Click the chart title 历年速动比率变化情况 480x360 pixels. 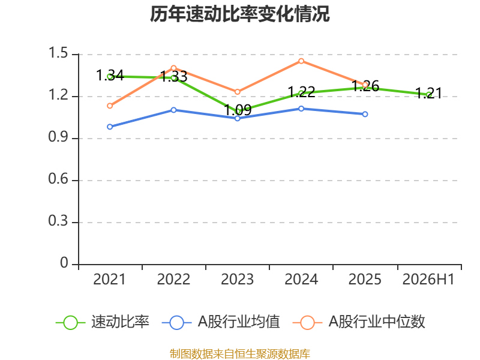pos(239,14)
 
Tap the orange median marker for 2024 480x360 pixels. pos(301,61)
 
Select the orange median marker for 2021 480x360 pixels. pos(110,106)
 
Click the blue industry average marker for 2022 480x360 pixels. pos(173,110)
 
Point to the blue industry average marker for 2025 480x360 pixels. pos(365,114)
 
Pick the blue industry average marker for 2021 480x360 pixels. pos(110,127)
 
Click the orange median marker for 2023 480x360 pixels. pos(238,92)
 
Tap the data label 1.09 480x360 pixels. pos(238,110)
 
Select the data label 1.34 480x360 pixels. pos(110,76)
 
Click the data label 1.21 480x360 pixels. pos(428,94)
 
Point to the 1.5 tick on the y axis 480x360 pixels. pos(58,53)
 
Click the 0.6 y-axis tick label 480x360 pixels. pos(58,179)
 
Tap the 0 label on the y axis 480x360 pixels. pos(64,263)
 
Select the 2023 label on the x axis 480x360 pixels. pos(237,280)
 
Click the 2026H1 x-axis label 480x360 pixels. pos(428,280)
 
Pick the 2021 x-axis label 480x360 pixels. pos(110,280)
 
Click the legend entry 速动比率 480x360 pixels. pos(103,322)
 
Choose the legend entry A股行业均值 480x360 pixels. pos(221,322)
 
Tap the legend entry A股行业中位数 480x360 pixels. pos(359,322)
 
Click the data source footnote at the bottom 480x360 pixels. pos(240,353)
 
